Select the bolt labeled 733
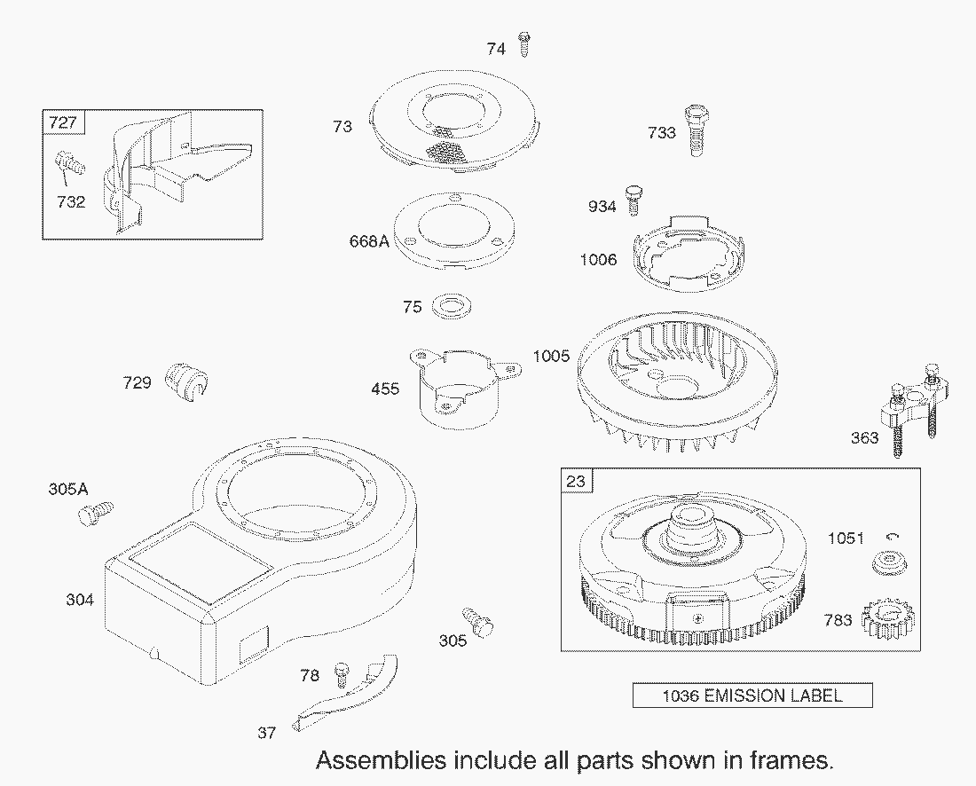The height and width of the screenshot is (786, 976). coord(694,131)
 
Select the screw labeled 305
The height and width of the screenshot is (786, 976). coord(477,621)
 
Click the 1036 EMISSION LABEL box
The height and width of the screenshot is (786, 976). coord(752,696)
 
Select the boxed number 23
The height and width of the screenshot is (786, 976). coord(576,481)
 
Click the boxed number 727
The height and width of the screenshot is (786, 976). coord(62,122)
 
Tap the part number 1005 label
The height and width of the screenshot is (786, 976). coord(551,357)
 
